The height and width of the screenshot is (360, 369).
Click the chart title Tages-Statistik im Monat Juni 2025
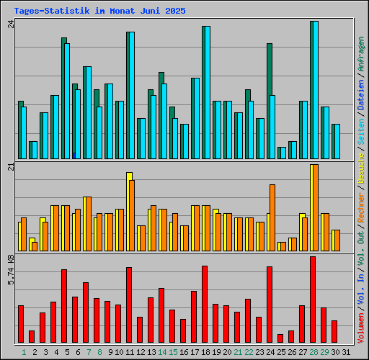(99, 12)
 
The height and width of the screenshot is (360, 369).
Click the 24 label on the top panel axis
(10, 24)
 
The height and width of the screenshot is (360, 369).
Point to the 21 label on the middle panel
(10, 168)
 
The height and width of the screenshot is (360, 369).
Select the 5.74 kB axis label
(10, 268)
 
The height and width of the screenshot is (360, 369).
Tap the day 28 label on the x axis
(314, 352)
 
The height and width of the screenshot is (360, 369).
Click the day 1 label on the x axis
(24, 352)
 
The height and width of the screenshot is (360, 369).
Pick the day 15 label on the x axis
(173, 352)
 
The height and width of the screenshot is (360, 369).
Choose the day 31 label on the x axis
(346, 352)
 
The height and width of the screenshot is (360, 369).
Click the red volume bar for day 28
(313, 300)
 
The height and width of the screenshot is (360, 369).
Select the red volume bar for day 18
(205, 305)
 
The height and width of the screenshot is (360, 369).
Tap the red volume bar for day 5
(64, 306)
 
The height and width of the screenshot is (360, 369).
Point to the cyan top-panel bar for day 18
(207, 92)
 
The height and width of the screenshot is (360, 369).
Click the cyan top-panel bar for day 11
(131, 95)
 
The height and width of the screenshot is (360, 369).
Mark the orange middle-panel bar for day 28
(315, 207)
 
